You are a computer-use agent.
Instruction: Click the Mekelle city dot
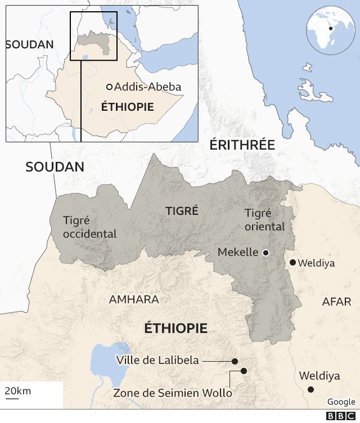pyautogui.click(x=265, y=253)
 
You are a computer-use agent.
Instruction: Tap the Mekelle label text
pyautogui.click(x=238, y=253)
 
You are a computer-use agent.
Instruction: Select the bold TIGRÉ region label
pyautogui.click(x=182, y=211)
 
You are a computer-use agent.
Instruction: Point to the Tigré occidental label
pyautogui.click(x=89, y=227)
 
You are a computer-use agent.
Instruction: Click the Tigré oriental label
pyautogui.click(x=265, y=220)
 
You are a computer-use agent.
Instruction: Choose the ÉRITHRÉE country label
pyautogui.click(x=242, y=145)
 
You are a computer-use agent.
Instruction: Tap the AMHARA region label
pyautogui.click(x=134, y=300)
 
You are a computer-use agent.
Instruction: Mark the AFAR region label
pyautogui.click(x=336, y=302)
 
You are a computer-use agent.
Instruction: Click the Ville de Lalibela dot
pyautogui.click(x=235, y=361)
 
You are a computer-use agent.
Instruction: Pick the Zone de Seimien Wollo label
pyautogui.click(x=173, y=393)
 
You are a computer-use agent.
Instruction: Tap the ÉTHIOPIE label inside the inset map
pyautogui.click(x=127, y=107)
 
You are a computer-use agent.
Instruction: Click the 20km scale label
pyautogui.click(x=18, y=391)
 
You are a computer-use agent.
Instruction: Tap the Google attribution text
pyautogui.click(x=341, y=402)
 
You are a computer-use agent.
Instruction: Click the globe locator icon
pyautogui.click(x=330, y=30)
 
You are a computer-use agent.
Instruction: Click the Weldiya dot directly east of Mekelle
pyautogui.click(x=292, y=262)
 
